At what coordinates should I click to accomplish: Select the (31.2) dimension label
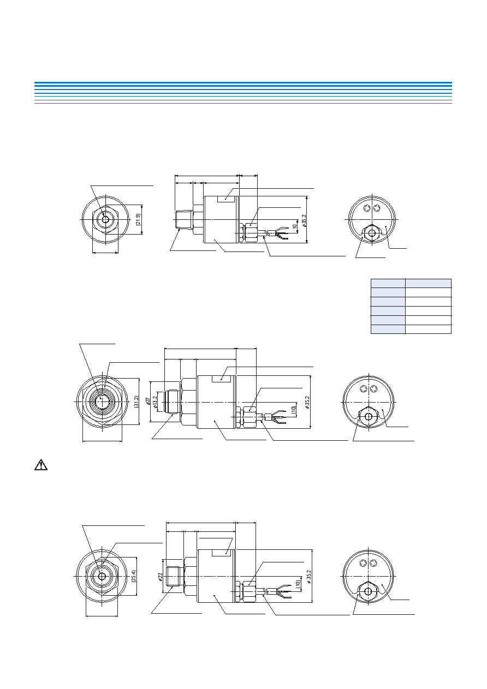[136, 402]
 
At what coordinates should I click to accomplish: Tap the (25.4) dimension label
[134, 576]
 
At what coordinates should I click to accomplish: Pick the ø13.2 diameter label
[155, 402]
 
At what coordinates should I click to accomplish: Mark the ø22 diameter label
[161, 577]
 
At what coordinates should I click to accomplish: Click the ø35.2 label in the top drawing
[304, 221]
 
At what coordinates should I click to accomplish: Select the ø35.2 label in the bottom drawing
[309, 577]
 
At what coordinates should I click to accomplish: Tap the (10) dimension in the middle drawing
[294, 409]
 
